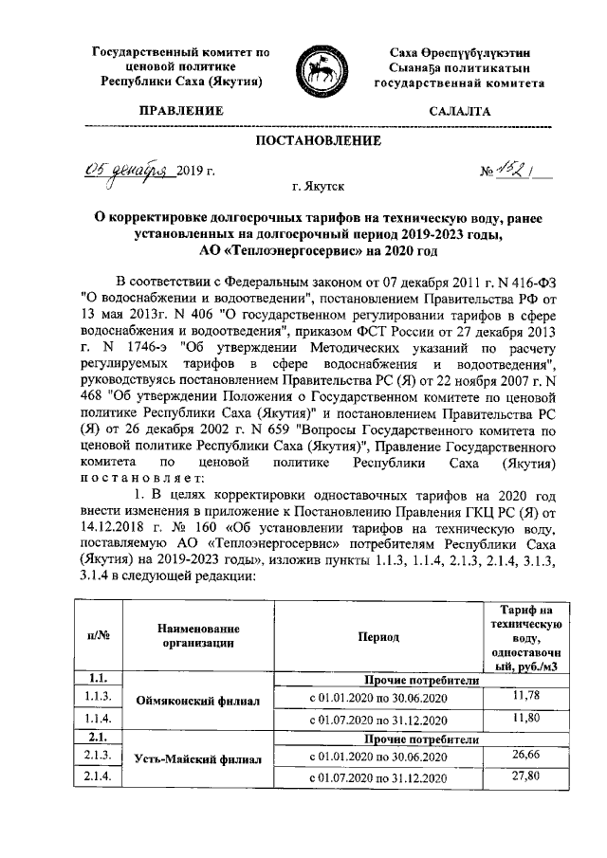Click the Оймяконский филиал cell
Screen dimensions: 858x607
185,705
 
